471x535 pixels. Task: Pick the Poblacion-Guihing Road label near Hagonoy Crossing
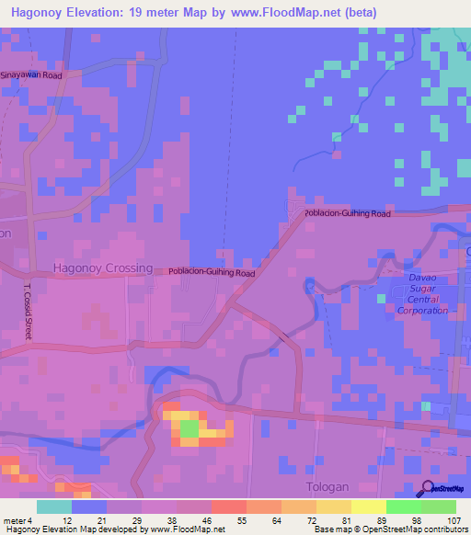(212, 272)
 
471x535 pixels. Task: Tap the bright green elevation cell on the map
(188, 427)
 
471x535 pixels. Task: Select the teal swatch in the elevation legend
(54, 507)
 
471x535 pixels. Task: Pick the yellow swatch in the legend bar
(369, 507)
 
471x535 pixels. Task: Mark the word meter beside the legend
(16, 520)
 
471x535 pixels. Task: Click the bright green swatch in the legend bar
(404, 507)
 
